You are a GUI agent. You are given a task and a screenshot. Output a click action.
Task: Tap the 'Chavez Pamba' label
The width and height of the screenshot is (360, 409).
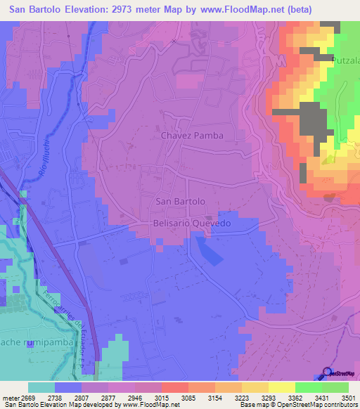tap(192, 135)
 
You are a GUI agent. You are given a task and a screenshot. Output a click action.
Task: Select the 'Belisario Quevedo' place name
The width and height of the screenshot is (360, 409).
tap(191, 223)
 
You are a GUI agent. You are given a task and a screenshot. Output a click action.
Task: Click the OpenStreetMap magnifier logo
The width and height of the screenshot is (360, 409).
tap(327, 373)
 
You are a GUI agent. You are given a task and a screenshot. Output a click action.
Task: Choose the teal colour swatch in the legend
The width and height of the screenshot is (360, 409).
tap(41, 387)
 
